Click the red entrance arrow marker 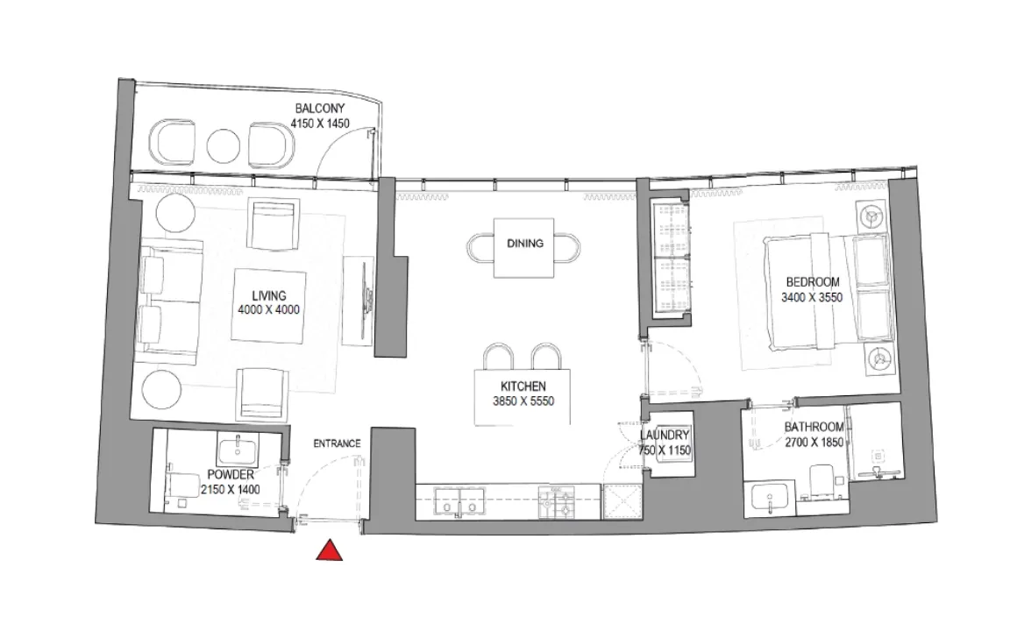(x=329, y=550)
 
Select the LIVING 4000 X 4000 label (x=267, y=303)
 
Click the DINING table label (x=524, y=245)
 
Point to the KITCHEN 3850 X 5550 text (x=523, y=394)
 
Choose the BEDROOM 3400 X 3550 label (x=812, y=289)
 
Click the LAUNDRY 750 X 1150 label (x=665, y=443)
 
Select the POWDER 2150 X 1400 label (x=231, y=482)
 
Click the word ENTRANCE (x=337, y=443)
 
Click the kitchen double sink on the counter (x=461, y=504)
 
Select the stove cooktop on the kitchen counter (x=558, y=503)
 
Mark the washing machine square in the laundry (x=622, y=503)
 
